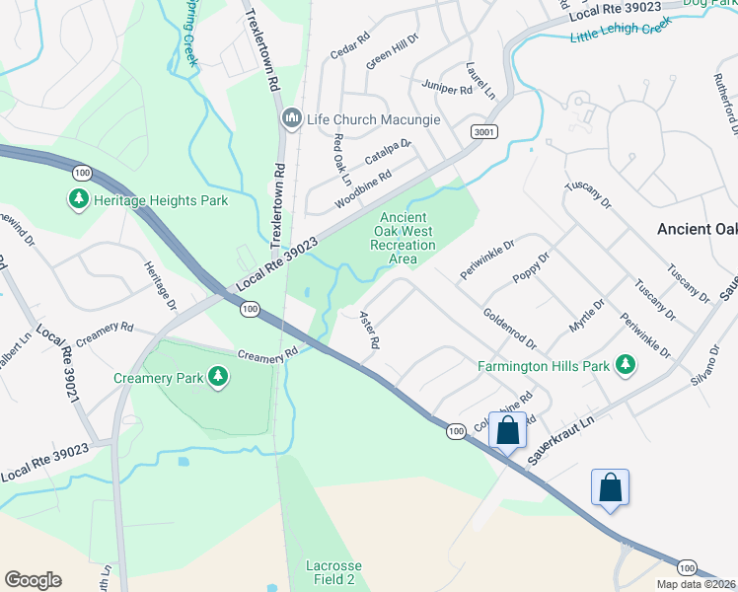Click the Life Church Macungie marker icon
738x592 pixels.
tap(291, 119)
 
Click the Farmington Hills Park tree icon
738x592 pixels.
tap(624, 366)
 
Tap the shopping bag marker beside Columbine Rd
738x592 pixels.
tap(508, 431)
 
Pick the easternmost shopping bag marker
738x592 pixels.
tap(611, 487)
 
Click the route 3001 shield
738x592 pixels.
tap(483, 132)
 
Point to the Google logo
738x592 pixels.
tap(33, 580)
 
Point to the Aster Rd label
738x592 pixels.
tap(369, 330)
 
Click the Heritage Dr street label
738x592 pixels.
tap(158, 285)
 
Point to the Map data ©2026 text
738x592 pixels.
tap(696, 584)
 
